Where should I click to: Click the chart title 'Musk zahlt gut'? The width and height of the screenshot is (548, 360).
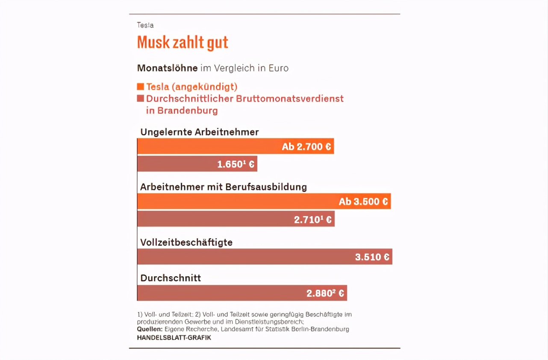click(183, 42)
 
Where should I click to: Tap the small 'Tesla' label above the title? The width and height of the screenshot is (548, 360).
click(145, 25)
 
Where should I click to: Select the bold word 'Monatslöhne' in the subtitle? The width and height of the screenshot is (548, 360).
click(167, 68)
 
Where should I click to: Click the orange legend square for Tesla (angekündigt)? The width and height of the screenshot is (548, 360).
click(140, 87)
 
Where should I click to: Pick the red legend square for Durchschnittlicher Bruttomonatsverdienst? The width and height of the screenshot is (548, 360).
click(140, 98)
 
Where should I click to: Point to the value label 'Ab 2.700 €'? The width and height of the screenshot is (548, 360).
click(306, 147)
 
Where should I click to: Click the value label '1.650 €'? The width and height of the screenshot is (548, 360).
click(236, 164)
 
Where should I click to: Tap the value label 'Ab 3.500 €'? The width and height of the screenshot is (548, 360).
click(363, 201)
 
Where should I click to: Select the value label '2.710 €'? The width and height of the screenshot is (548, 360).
click(313, 220)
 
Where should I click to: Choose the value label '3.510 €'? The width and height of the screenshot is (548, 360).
click(372, 257)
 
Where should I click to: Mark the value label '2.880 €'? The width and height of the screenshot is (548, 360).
click(325, 293)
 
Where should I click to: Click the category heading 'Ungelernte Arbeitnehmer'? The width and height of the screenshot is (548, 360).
click(200, 132)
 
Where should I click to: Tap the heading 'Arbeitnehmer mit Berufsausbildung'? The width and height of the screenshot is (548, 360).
click(224, 187)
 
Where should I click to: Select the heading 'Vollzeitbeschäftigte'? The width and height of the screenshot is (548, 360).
click(186, 242)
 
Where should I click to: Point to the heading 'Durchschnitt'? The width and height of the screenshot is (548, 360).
click(171, 278)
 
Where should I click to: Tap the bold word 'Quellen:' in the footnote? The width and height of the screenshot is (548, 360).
click(150, 329)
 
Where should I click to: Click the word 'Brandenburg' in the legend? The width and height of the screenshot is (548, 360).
click(188, 110)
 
